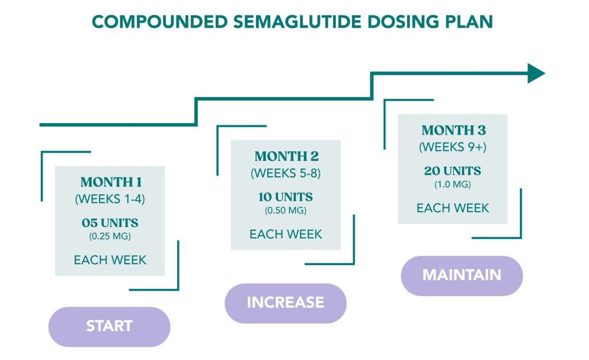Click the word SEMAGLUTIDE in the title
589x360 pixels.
click(292, 22)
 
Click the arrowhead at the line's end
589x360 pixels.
click(536, 73)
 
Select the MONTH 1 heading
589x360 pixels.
click(111, 183)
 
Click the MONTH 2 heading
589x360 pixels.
click(286, 156)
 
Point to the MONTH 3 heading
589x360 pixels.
click(453, 131)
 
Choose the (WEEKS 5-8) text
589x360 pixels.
click(286, 173)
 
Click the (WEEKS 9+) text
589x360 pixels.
click(453, 147)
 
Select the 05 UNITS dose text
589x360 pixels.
click(110, 223)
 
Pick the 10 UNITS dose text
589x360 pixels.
click(285, 197)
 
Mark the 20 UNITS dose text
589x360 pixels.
click(453, 171)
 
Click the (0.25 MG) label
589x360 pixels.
click(110, 236)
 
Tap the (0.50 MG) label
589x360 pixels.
click(285, 210)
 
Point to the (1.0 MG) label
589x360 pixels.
click(453, 185)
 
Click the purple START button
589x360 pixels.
click(109, 326)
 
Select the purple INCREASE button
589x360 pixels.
click(285, 302)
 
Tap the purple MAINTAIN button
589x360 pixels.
click(461, 275)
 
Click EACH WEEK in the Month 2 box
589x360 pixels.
click(285, 234)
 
